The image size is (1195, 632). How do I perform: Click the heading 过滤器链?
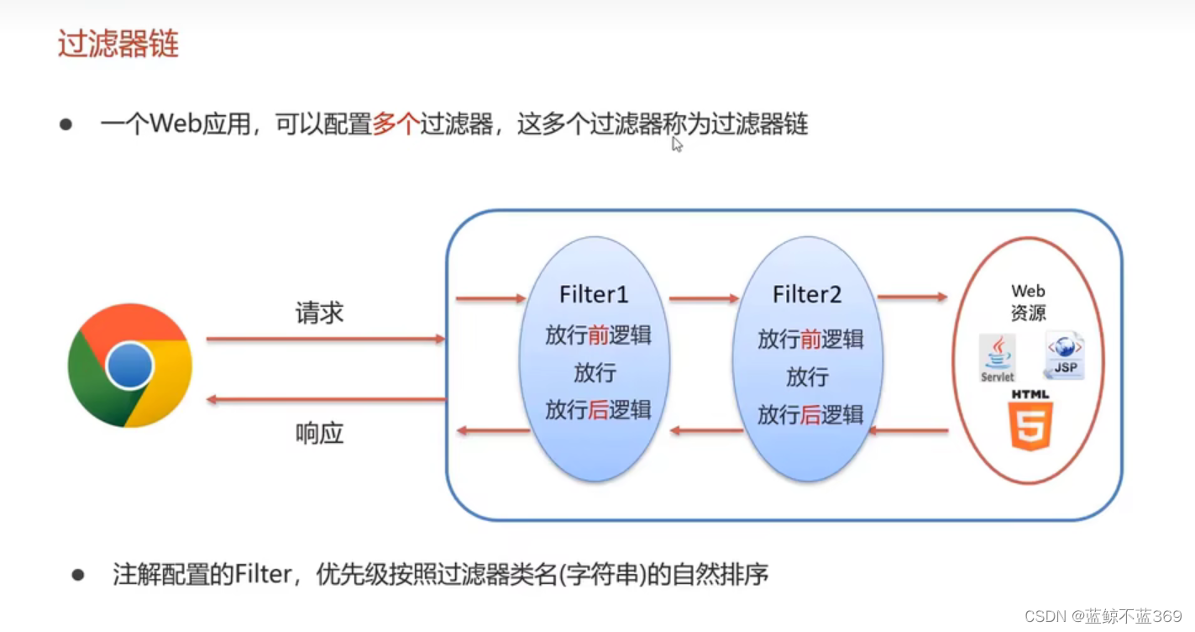point(118,45)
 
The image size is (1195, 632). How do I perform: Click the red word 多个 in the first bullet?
point(396,125)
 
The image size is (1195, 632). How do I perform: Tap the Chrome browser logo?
point(130,366)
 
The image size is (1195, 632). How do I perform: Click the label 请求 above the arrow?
point(319,313)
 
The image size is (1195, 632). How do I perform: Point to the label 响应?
point(319,434)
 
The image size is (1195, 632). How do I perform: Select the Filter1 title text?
point(594,295)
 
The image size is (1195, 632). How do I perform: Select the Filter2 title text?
point(807,295)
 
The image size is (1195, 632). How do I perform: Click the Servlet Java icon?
point(998,358)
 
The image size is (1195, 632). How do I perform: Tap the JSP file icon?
point(1064,355)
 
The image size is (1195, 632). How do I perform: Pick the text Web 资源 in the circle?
point(1028,303)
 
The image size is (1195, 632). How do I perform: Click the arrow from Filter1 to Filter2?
point(704,298)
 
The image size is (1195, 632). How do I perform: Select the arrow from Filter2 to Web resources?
point(912,297)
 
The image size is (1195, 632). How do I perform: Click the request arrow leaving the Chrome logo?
point(325,339)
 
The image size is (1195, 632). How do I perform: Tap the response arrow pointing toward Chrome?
point(325,400)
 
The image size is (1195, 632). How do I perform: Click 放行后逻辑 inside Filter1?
point(598,410)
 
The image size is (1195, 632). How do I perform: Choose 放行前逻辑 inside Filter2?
point(810,340)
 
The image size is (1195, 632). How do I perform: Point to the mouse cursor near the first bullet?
point(677,145)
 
